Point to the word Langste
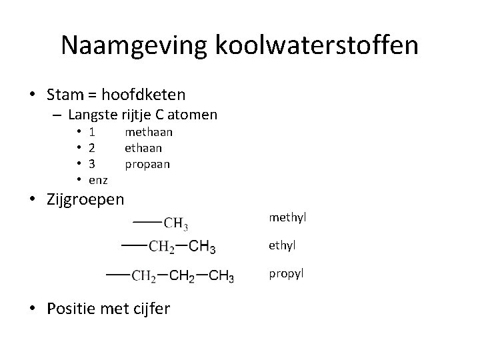click(93, 115)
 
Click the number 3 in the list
click(92, 163)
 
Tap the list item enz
click(98, 179)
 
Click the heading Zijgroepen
click(85, 199)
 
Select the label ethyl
click(283, 245)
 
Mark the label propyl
click(287, 273)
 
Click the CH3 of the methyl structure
click(176, 222)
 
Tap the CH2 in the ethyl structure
click(162, 248)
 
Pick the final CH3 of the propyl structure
click(221, 276)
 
